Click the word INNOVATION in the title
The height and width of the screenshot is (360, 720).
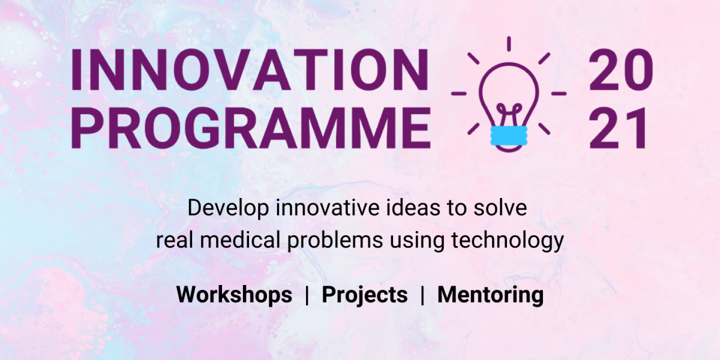tap(250, 70)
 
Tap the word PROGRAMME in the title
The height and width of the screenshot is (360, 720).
tap(251, 128)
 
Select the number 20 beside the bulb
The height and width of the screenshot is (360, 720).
tap(620, 70)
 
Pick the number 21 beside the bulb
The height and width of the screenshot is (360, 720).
tap(617, 128)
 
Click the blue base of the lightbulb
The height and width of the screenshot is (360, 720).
tap(509, 136)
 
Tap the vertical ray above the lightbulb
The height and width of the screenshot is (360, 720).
tap(509, 44)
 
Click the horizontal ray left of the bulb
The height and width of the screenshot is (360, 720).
tap(459, 94)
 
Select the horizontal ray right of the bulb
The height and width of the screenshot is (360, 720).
tap(559, 94)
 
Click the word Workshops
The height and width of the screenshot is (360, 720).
tap(235, 295)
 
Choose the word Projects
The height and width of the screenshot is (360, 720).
tap(365, 295)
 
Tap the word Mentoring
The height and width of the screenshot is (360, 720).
tap(491, 295)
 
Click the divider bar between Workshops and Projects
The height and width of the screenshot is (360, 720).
tap(307, 295)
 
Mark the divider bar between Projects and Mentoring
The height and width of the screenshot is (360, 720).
tap(422, 295)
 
